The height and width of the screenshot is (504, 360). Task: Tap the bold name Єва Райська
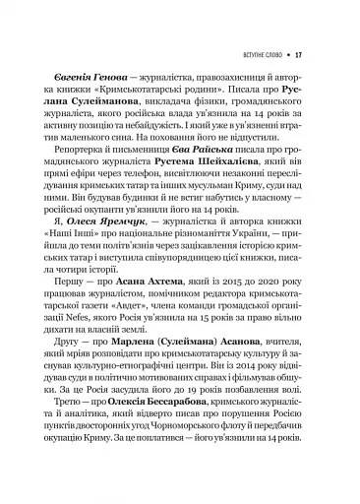coord(206,155)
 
